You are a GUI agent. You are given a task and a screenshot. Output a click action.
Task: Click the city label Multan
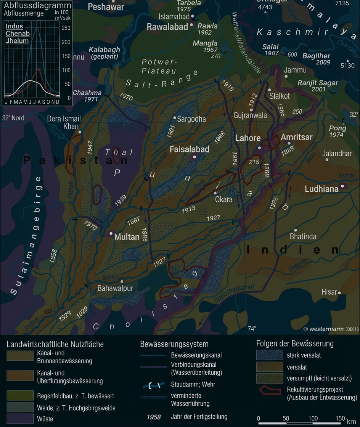coord(127,237)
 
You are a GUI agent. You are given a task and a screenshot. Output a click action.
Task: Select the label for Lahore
coord(248,138)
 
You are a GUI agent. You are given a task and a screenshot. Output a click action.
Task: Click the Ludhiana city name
coord(321,189)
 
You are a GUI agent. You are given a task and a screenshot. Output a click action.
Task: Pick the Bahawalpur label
coord(115,288)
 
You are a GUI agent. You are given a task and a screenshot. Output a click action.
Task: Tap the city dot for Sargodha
coord(175,118)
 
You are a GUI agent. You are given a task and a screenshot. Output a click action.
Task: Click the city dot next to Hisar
coord(339,293)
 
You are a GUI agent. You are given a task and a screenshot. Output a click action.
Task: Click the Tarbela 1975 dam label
coord(188,6)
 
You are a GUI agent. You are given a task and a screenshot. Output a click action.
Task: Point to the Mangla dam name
coord(205,43)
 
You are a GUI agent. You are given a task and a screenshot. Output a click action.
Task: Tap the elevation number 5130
coord(347,66)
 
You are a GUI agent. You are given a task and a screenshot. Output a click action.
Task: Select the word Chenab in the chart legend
coord(18,34)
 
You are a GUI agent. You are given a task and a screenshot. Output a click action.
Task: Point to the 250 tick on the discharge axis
coord(66,28)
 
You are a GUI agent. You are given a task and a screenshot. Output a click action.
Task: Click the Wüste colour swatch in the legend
coord(20,419)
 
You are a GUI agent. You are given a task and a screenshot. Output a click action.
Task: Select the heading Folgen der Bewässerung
coord(295,343)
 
